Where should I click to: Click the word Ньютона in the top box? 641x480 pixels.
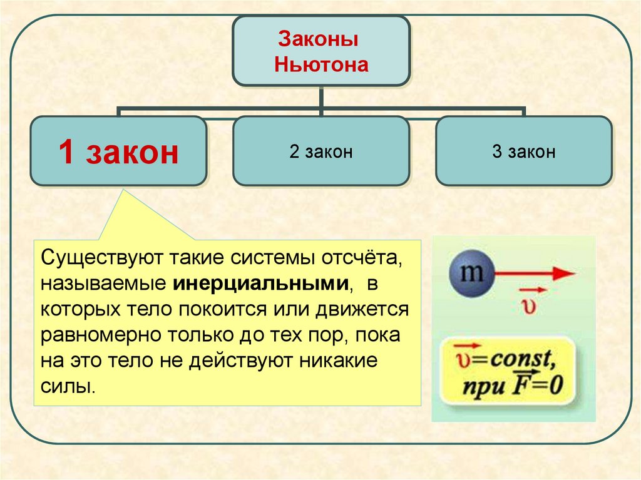(321, 64)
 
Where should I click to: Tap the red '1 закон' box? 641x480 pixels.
(119, 152)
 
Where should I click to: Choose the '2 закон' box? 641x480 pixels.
(321, 152)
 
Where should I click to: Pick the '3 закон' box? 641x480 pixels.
(523, 152)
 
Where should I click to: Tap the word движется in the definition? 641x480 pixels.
(364, 309)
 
